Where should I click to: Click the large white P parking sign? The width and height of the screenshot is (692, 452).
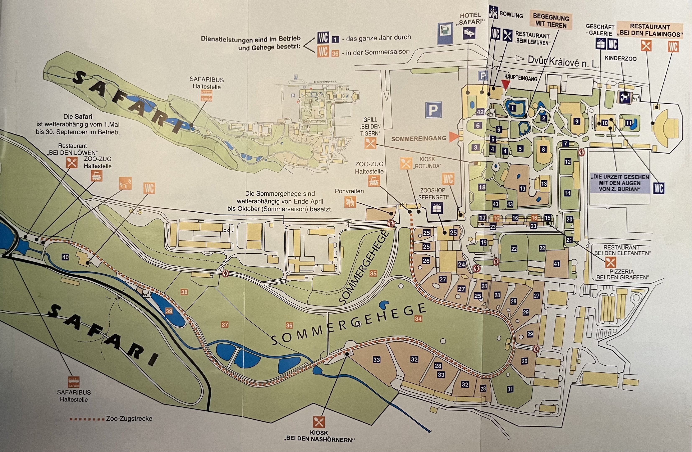tap(433, 110)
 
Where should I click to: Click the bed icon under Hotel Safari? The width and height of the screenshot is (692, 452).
tap(469, 33)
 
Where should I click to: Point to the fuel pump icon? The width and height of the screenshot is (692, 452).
tap(445, 31)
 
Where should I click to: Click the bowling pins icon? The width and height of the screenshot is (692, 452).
tap(493, 12)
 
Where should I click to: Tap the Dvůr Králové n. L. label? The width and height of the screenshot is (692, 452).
tap(563, 62)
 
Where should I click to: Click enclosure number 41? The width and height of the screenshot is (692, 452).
tap(556, 264)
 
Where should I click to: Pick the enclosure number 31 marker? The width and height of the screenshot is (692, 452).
tap(510, 389)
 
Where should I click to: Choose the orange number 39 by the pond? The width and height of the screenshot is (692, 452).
tap(169, 311)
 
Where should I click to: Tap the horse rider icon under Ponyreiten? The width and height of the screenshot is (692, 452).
tap(350, 202)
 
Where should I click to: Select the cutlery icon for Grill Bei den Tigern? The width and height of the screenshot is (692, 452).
tap(370, 143)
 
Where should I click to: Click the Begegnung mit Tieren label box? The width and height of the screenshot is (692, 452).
tap(550, 21)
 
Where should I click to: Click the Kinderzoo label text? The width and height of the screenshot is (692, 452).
tap(620, 58)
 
